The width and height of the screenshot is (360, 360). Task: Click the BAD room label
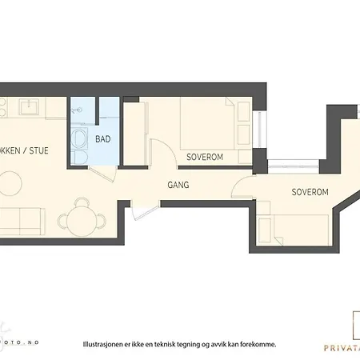click(102, 139)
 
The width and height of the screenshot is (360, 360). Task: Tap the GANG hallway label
click(178, 185)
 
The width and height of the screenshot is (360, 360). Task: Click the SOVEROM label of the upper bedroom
click(204, 157)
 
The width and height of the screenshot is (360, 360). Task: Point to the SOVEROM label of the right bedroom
click(310, 193)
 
